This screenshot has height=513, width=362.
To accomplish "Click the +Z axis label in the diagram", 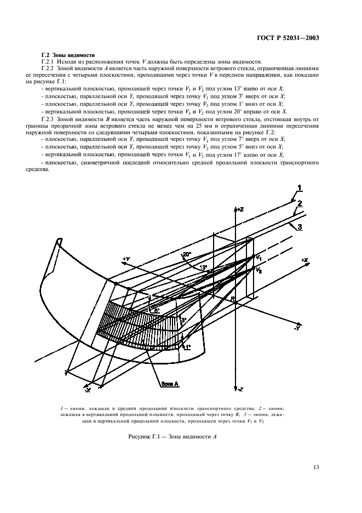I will (239, 210).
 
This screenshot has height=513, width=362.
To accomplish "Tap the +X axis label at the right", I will (304, 259).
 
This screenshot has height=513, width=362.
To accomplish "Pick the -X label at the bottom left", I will (87, 390).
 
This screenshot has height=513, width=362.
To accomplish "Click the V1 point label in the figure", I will (259, 258).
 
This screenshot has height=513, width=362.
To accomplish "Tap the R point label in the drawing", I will (232, 299).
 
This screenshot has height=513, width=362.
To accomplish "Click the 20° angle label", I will (187, 255).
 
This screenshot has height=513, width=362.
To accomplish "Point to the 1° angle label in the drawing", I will (187, 347).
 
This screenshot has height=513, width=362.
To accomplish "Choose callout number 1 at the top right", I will (300, 189).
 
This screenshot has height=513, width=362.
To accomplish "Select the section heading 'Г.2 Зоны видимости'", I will (68, 54).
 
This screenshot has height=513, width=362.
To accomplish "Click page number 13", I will (316, 467).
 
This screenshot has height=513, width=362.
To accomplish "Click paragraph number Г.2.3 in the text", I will (50, 119).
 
